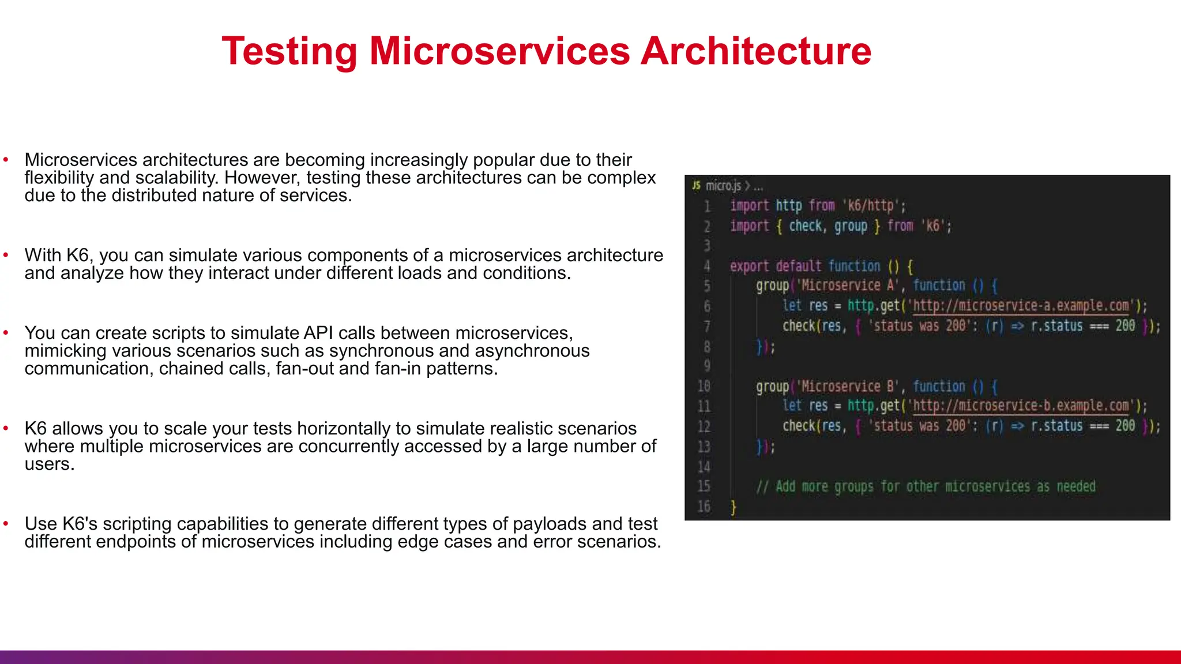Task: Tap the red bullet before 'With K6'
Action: coord(6,255)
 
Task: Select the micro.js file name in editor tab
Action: coord(723,186)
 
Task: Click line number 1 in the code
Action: coord(707,206)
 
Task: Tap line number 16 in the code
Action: coord(704,507)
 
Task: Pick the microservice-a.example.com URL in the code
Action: coord(1021,305)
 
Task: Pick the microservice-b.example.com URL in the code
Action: coord(1021,406)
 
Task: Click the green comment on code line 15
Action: coord(926,486)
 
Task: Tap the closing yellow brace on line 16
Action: coord(733,507)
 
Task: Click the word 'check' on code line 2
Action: coord(806,226)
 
